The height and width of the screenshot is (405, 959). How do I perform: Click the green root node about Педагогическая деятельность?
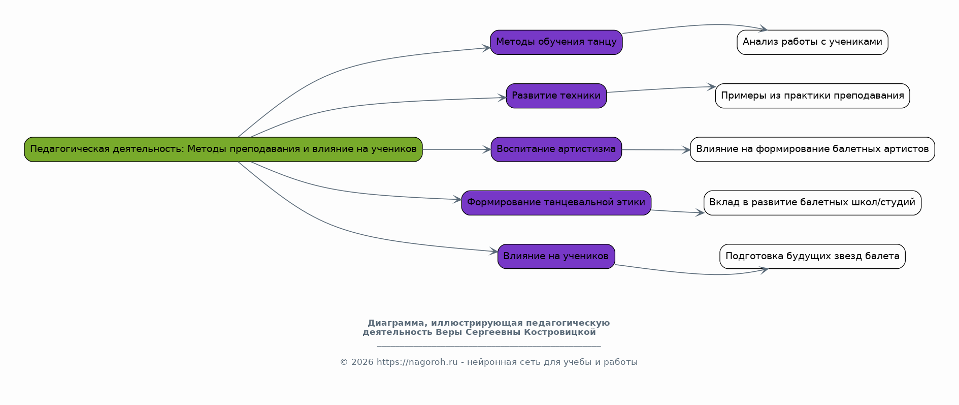pos(223,149)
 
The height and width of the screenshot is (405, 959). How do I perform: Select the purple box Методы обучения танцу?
pos(556,42)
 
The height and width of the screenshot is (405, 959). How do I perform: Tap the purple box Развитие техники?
pos(556,96)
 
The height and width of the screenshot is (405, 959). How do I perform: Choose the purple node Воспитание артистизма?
pos(556,149)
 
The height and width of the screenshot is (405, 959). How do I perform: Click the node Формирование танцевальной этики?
pos(556,203)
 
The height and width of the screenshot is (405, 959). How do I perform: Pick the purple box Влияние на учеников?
pos(556,257)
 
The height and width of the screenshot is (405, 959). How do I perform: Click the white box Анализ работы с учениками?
pos(812,42)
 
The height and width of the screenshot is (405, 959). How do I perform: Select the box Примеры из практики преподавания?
pos(812,96)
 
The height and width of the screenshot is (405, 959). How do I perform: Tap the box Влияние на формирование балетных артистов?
pos(812,149)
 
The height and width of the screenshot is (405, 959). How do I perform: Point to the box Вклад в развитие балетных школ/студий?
pos(812,203)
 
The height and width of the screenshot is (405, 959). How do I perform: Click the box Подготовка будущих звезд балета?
pos(812,257)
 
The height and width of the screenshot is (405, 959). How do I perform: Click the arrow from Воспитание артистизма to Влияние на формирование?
pos(656,150)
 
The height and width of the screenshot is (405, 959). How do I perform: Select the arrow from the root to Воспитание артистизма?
pos(456,149)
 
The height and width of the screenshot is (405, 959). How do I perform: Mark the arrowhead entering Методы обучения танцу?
pos(486,48)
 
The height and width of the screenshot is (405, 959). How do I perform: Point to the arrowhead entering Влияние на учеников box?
pos(492,251)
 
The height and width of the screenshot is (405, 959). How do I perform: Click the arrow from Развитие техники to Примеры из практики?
pos(661,89)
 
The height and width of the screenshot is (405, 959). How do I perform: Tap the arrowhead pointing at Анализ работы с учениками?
pos(763,29)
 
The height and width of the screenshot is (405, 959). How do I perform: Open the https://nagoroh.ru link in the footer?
pos(417,362)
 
